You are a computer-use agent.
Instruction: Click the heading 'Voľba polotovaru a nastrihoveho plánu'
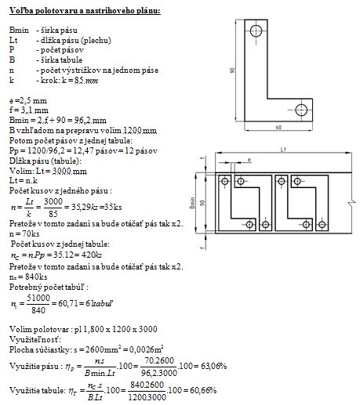pyautogui.click(x=85, y=11)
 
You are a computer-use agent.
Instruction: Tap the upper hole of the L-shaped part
pyautogui.click(x=256, y=31)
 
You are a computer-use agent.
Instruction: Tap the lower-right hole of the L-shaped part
pyautogui.click(x=301, y=110)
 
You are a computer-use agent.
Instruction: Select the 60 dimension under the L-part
pyautogui.click(x=278, y=128)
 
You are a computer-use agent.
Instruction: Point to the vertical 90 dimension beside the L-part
pyautogui.click(x=232, y=71)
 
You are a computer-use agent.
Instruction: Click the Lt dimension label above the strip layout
pyautogui.click(x=283, y=150)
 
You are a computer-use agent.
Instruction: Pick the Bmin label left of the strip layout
pyautogui.click(x=193, y=203)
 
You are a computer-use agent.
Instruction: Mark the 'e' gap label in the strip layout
pyautogui.click(x=249, y=160)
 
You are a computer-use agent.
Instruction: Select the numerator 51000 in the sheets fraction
pyautogui.click(x=38, y=298)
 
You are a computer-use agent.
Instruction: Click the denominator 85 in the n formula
pyautogui.click(x=53, y=214)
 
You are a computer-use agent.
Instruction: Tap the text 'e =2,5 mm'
pyautogui.click(x=28, y=100)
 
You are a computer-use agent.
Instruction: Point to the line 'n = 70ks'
pyautogui.click(x=24, y=233)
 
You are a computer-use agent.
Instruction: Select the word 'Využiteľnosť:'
pyautogui.click(x=35, y=339)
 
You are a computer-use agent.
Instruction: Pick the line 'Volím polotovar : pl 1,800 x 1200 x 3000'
pyautogui.click(x=83, y=329)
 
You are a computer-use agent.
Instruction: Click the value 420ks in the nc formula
pyautogui.click(x=91, y=255)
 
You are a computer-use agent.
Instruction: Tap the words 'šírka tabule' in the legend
pyautogui.click(x=61, y=60)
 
